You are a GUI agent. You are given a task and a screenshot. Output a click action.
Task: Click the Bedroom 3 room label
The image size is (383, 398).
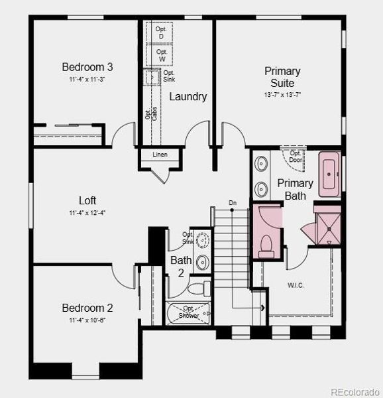[87, 66]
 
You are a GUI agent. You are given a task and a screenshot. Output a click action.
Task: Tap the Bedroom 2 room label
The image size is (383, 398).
[87, 308]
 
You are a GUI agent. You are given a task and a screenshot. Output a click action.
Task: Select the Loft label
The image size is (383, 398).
[87, 200]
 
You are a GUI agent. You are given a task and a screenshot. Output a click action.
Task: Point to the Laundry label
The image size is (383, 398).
[188, 97]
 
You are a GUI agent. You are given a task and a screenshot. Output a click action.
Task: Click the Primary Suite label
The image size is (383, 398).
[282, 77]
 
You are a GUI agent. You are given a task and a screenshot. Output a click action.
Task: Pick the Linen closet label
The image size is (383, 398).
[160, 155]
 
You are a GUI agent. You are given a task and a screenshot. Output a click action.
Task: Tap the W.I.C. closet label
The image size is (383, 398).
[296, 285]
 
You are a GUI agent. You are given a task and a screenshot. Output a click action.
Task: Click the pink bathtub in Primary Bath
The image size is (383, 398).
[329, 174]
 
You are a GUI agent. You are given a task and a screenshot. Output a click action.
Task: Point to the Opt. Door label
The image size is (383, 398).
[296, 157]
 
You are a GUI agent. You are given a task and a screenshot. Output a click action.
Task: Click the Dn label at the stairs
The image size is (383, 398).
[233, 202]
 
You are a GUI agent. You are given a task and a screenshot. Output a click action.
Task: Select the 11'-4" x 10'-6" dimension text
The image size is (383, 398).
[87, 320]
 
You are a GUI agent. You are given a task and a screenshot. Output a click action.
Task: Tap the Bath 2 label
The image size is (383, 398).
[181, 267]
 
